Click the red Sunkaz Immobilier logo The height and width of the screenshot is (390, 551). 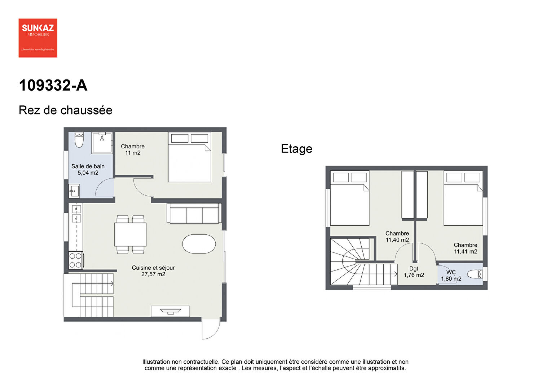38,38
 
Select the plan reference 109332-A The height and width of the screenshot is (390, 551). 53,86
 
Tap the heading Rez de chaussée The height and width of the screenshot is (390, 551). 65,110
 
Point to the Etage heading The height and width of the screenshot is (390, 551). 297,149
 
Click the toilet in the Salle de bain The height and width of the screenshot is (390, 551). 79,140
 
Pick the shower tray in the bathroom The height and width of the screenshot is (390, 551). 102,143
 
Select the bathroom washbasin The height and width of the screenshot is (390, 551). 74,191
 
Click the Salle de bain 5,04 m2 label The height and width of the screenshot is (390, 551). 88,169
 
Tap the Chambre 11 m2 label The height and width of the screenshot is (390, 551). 133,149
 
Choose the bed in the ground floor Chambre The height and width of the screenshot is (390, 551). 190,157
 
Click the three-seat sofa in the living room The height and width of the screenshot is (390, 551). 194,213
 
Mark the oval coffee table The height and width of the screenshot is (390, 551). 199,244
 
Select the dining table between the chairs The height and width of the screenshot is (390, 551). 131,234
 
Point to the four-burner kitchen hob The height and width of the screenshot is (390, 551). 75,260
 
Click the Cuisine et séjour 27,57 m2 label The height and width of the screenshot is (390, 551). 153,271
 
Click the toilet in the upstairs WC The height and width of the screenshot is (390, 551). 475,274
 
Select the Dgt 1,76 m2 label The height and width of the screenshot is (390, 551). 414,272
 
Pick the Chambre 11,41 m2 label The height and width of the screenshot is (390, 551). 466,248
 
